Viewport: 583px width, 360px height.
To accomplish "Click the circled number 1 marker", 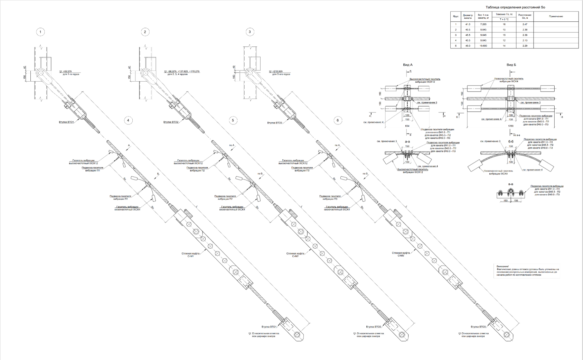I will click(40, 32).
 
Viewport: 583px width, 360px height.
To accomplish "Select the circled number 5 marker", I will click(233, 120).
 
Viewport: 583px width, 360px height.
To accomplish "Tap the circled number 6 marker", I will click(338, 120).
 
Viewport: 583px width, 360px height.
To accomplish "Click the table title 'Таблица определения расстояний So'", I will click(515, 7).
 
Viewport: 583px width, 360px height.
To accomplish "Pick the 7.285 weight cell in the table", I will click(483, 24).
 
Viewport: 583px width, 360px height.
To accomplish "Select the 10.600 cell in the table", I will click(483, 46).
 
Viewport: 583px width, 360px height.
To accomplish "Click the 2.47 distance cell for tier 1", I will click(525, 24).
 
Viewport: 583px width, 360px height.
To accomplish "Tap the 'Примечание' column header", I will click(556, 16).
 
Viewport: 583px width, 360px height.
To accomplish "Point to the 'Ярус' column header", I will click(456, 16).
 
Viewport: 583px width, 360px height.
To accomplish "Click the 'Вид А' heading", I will click(407, 65).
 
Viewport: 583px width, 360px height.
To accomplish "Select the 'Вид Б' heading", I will click(511, 65).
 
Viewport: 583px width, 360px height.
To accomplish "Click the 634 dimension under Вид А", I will click(407, 126).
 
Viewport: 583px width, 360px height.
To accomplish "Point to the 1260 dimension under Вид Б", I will click(511, 126).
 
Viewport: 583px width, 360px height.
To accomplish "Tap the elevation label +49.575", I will click(67, 71).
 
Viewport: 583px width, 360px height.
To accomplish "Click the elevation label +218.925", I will click(277, 71).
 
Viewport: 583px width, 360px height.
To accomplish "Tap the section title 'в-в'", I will click(511, 184).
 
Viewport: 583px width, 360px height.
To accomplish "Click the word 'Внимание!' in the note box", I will click(502, 266).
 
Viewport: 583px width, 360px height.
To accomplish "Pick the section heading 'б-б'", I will click(511, 141).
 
